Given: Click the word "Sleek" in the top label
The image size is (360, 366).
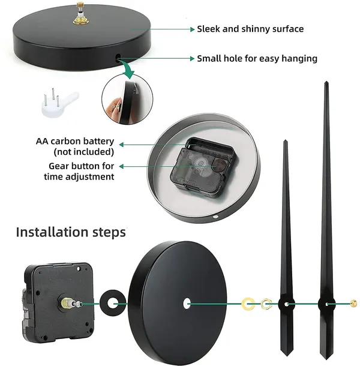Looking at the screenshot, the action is [208, 29].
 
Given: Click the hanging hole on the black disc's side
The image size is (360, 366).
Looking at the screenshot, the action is [118, 58].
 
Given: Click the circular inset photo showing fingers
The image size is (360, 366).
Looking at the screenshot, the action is [127, 99].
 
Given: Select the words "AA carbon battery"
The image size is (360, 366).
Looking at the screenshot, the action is [75, 142].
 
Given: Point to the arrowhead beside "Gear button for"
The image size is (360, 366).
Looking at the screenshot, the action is [121, 166].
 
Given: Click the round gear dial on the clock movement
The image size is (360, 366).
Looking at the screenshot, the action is [220, 164].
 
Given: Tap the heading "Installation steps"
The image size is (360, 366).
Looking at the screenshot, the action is [71, 232].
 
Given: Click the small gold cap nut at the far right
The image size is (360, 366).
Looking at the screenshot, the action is [353, 304].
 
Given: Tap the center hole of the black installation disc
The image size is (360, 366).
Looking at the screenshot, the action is [187, 304].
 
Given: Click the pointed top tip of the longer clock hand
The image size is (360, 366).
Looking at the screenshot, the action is [326, 82].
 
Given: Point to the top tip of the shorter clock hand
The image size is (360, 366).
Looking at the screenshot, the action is [285, 140].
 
